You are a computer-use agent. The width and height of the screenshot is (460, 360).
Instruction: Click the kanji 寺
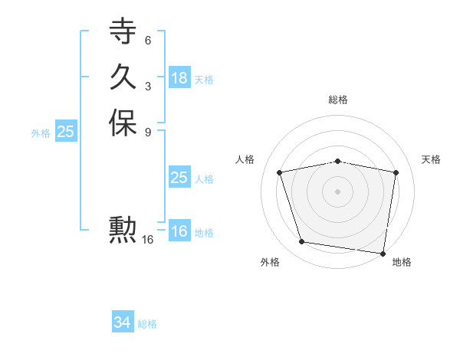[123, 31]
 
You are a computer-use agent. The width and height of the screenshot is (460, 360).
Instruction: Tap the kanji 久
[123, 77]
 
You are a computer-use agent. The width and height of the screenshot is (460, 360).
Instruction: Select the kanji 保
[123, 123]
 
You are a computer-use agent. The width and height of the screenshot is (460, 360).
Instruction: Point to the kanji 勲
[123, 231]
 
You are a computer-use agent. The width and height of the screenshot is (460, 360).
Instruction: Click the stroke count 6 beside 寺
[147, 40]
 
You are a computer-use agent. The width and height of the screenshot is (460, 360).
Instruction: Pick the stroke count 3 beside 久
[147, 86]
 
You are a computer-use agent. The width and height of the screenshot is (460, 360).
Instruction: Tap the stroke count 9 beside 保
[147, 132]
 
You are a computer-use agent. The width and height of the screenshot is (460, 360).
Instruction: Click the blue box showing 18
[179, 78]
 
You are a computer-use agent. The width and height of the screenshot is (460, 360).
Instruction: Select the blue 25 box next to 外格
[65, 132]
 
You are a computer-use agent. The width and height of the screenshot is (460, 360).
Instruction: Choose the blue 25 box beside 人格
[179, 178]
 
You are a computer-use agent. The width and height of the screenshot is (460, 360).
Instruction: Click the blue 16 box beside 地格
[179, 231]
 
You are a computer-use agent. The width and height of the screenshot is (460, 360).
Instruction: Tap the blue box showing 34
[122, 322]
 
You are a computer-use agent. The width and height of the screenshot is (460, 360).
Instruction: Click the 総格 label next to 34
[147, 324]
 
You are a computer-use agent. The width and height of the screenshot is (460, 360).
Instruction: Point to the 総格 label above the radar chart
[338, 100]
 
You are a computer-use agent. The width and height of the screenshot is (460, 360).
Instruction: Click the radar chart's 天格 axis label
[431, 159]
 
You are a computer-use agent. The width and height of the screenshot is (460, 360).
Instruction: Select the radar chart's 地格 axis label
[402, 262]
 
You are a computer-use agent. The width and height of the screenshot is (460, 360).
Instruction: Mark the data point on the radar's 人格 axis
[280, 172]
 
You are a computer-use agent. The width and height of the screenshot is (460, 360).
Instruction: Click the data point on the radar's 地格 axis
[382, 252]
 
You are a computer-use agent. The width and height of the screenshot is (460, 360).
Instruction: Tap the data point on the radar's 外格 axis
[302, 242]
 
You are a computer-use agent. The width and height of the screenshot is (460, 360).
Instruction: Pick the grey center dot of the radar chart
[338, 191]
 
